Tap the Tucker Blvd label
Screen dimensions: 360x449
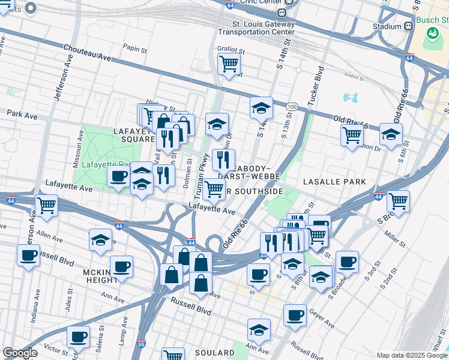click(312, 93)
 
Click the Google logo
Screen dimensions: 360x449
click(20, 353)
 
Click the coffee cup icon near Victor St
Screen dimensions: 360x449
click(78, 337)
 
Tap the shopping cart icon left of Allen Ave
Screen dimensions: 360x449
click(46, 205)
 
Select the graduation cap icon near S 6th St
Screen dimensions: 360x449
click(391, 135)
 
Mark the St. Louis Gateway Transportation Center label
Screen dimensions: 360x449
click(264, 28)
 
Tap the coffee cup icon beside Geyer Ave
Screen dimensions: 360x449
click(294, 314)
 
